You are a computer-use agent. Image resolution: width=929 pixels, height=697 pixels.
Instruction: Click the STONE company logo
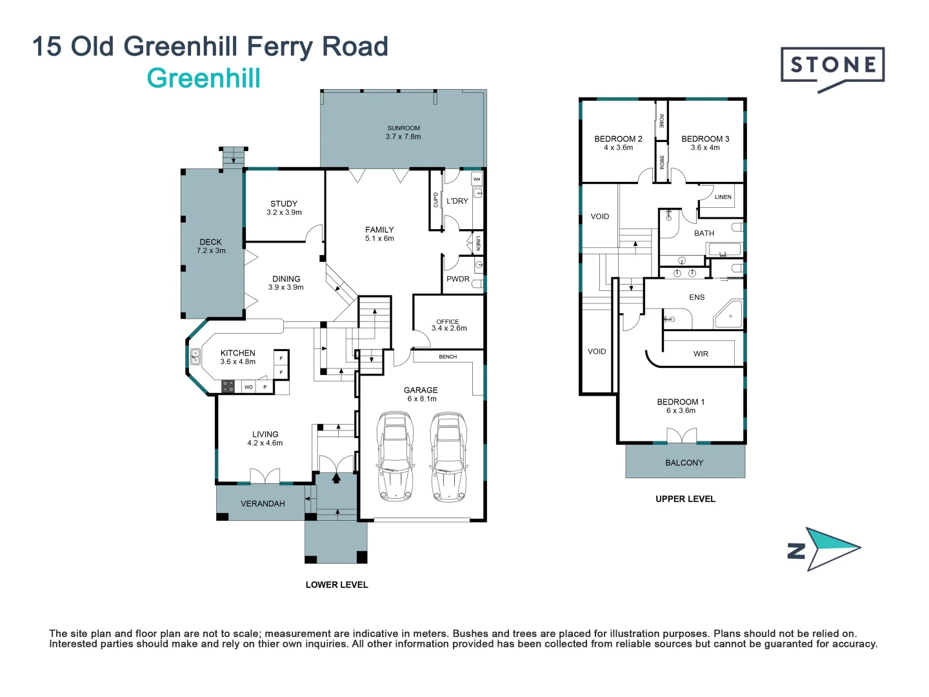(x=832, y=66)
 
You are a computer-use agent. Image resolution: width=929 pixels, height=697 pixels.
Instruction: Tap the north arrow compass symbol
(x=825, y=549)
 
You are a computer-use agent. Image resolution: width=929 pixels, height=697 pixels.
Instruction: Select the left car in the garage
(x=395, y=457)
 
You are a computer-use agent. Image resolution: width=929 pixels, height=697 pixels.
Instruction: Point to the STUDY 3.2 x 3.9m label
(x=284, y=208)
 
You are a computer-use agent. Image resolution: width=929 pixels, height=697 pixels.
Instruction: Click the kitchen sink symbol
(x=195, y=357)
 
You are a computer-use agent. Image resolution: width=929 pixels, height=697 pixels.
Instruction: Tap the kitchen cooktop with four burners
(x=228, y=387)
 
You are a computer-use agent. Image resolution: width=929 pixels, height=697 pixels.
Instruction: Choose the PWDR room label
(x=458, y=279)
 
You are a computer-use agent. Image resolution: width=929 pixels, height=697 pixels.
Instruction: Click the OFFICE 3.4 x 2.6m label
(x=448, y=325)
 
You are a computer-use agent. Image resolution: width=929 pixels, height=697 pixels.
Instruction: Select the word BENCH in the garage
(x=448, y=357)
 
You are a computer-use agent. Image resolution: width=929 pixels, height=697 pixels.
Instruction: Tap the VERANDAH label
(x=263, y=503)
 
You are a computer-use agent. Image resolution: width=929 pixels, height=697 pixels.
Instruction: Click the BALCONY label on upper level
(x=684, y=463)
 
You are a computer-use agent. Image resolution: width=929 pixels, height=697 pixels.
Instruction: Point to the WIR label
(x=701, y=354)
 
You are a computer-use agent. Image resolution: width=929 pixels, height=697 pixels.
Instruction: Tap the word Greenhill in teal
(x=204, y=79)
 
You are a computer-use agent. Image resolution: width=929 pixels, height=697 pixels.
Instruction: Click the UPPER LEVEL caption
(x=685, y=499)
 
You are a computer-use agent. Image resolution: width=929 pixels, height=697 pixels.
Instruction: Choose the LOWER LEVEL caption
(x=337, y=585)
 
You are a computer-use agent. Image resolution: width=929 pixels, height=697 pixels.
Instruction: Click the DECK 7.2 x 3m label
(x=211, y=246)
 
